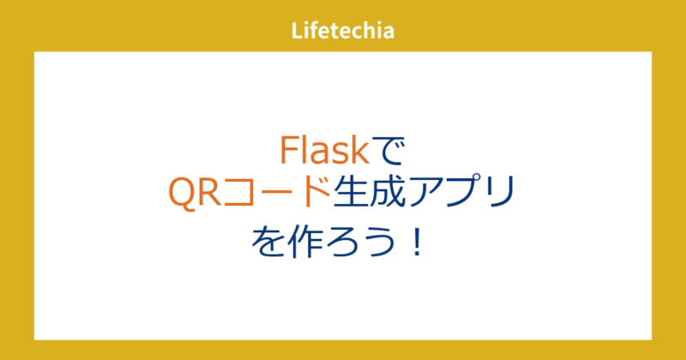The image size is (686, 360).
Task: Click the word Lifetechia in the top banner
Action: [x=342, y=32]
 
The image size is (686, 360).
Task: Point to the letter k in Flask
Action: [x=359, y=152]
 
